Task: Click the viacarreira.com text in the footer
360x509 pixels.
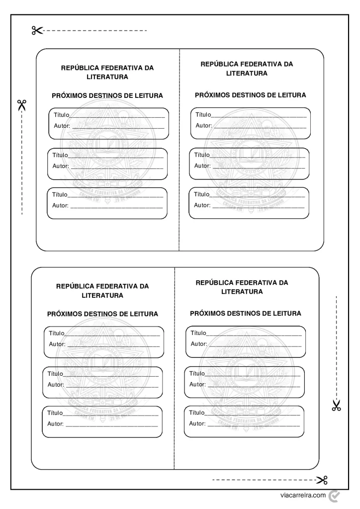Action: (x=303, y=495)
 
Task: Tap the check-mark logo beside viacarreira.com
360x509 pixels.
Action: (x=335, y=495)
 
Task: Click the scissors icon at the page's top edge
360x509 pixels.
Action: (x=37, y=31)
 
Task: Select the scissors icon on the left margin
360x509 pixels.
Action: (x=22, y=105)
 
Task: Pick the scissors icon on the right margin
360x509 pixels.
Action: (x=337, y=406)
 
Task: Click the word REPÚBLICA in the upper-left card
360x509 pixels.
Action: (x=79, y=68)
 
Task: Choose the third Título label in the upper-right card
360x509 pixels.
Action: (x=202, y=194)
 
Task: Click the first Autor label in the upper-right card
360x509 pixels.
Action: (x=204, y=125)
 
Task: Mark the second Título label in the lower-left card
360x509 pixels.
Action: (x=56, y=374)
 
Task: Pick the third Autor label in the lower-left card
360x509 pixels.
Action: (x=56, y=424)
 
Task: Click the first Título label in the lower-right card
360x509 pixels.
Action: (x=198, y=333)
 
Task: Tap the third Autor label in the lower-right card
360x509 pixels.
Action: (x=197, y=424)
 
